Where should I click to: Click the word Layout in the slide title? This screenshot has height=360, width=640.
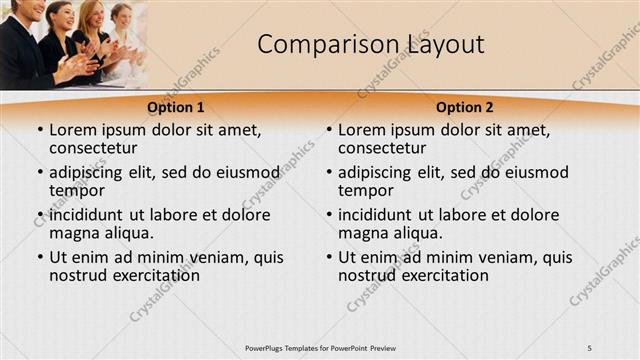[x=445, y=44]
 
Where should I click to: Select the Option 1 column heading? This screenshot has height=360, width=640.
[x=176, y=107]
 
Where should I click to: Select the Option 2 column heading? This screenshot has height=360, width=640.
[x=465, y=107]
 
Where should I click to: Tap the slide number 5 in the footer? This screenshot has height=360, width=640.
[x=589, y=347]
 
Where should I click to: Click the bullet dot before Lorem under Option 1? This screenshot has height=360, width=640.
[x=38, y=130]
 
